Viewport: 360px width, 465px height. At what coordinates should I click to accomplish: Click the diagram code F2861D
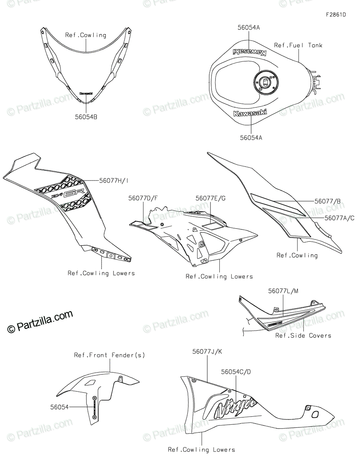point(336,15)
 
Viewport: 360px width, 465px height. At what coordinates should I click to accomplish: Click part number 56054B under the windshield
point(86,116)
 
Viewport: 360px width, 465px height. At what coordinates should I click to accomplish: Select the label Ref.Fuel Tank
point(298,45)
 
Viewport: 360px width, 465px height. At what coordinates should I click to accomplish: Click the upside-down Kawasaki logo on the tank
point(249,52)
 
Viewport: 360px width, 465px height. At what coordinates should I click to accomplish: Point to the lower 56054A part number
point(251,137)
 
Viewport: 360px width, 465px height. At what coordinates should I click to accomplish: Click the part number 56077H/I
point(114,180)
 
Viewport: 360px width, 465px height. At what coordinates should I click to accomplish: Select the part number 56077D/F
point(143,198)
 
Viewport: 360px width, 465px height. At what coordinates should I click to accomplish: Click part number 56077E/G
point(210,198)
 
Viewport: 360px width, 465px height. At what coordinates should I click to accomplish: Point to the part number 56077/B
point(327,201)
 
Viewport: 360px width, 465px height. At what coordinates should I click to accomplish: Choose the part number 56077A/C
point(339,218)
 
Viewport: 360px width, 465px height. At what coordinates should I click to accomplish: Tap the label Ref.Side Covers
point(303,335)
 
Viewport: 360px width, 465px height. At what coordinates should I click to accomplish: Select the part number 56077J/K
point(207,351)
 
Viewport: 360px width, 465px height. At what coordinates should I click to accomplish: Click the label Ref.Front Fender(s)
point(110,355)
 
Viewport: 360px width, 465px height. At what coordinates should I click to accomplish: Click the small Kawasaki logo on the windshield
point(86,93)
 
